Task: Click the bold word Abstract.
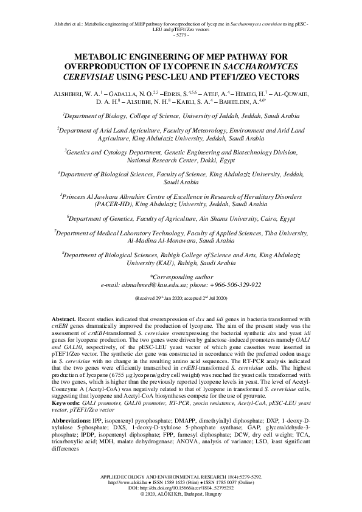coord(61,319)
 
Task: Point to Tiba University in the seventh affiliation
coord(288,232)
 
